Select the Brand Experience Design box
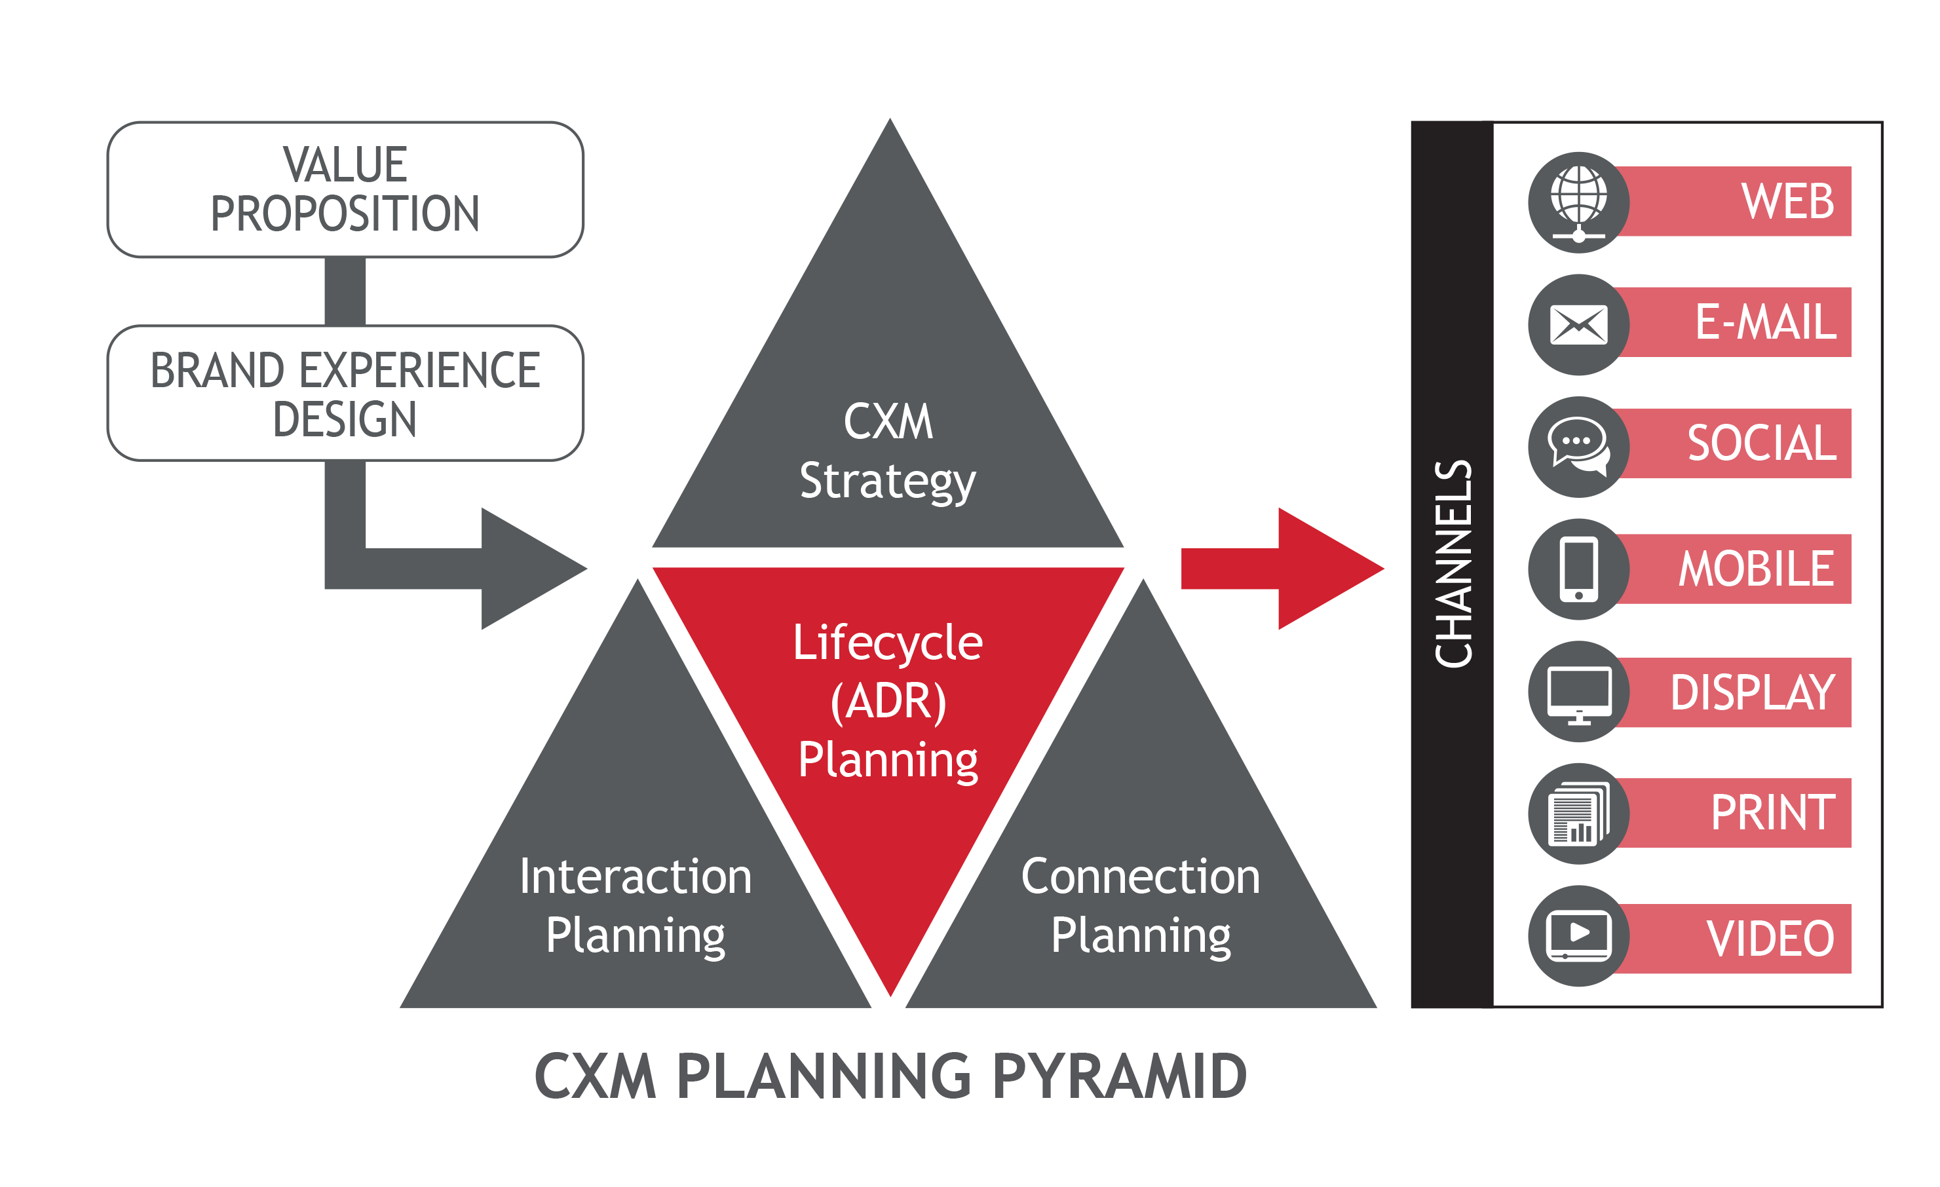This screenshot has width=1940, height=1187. click(x=345, y=394)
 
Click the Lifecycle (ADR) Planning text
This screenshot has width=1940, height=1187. click(x=888, y=700)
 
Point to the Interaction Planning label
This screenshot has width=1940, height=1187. click(x=636, y=905)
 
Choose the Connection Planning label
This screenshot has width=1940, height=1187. click(x=1141, y=905)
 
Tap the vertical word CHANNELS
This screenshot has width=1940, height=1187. click(x=1453, y=563)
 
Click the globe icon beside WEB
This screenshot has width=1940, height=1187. click(x=1578, y=202)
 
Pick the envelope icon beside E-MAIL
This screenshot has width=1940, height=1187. click(x=1578, y=324)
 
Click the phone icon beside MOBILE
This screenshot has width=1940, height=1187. click(x=1578, y=569)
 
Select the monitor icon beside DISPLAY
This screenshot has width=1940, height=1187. click(x=1578, y=692)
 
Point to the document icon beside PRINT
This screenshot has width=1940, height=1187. click(x=1578, y=814)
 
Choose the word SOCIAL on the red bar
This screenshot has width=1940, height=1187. click(x=1761, y=443)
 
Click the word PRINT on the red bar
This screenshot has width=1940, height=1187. click(x=1773, y=813)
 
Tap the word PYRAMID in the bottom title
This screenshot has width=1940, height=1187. click(x=1120, y=1076)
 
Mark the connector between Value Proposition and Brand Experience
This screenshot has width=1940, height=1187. click(x=345, y=292)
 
